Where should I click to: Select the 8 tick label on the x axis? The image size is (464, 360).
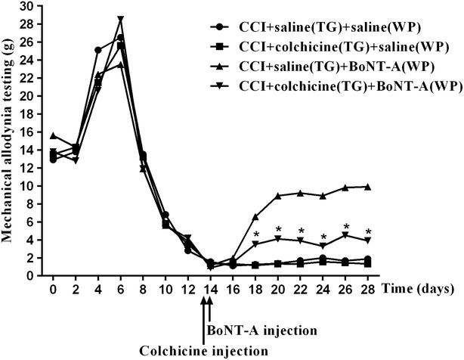(x=143, y=290)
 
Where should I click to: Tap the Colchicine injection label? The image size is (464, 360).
(x=204, y=350)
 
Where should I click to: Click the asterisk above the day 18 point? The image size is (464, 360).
(x=256, y=234)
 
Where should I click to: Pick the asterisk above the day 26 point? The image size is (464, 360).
(x=346, y=227)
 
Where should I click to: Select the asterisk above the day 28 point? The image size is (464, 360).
(x=368, y=232)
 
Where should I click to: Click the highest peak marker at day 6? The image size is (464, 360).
(x=121, y=20)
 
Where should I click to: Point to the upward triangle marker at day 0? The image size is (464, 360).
(x=53, y=135)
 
